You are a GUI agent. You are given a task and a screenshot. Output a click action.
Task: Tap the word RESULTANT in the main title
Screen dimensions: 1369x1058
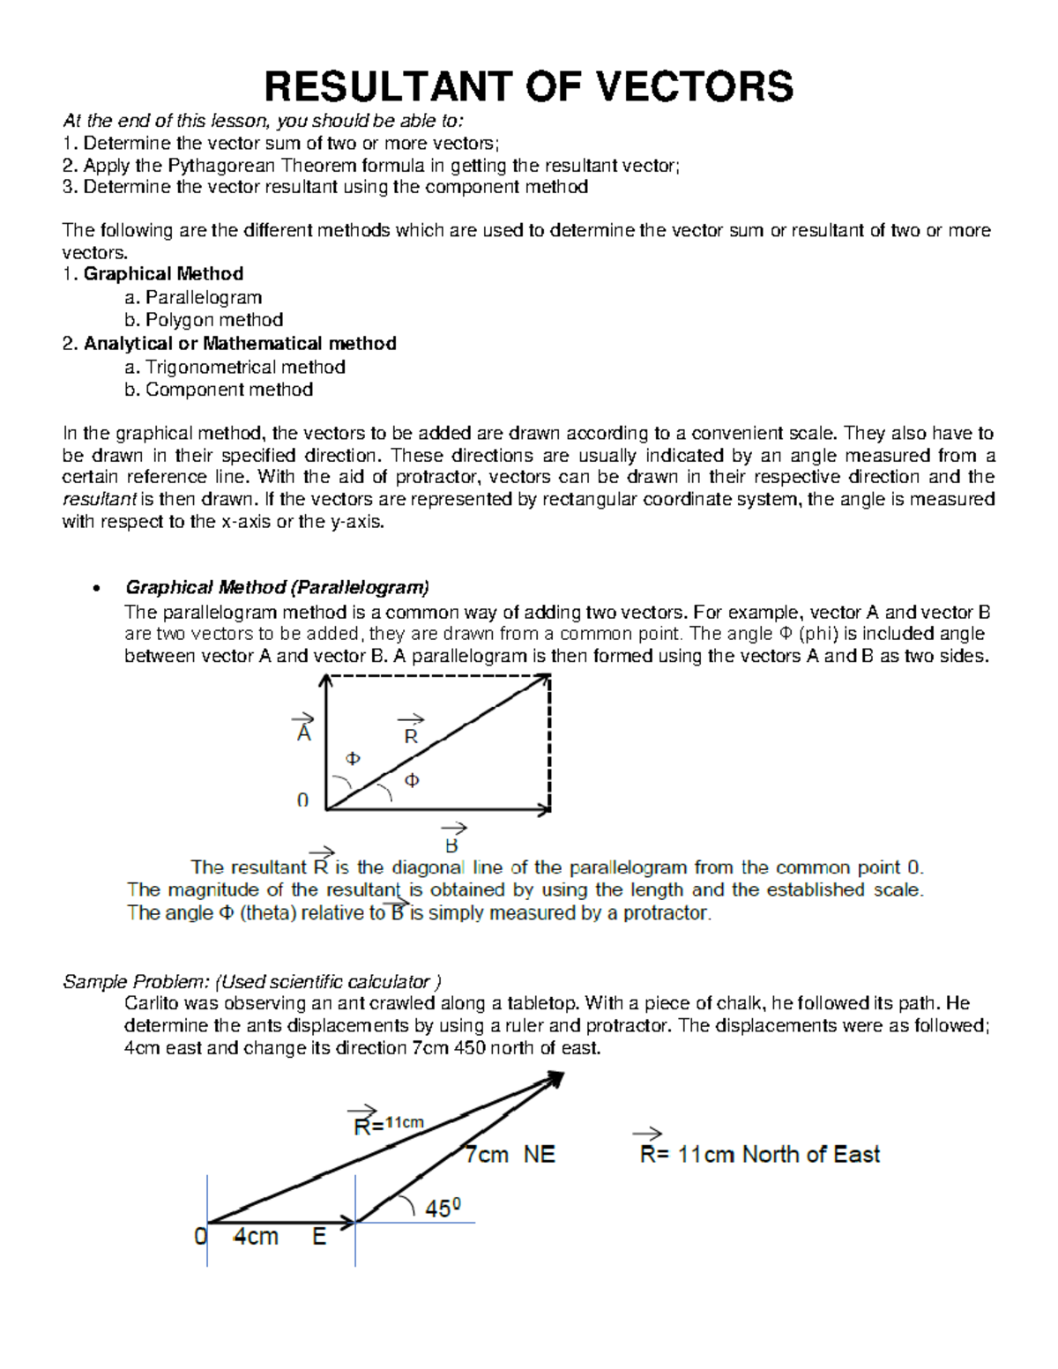point(387,86)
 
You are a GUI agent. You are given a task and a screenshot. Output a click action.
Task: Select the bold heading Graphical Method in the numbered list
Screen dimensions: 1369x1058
point(163,274)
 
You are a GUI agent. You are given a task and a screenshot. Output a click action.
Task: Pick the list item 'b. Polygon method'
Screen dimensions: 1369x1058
point(204,320)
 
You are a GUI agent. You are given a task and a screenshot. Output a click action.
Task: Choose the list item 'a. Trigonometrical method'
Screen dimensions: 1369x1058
point(235,367)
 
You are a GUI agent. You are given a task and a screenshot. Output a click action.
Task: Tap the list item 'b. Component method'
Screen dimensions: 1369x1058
point(219,390)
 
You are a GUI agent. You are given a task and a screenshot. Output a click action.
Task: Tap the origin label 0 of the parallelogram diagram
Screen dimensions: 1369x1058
point(302,800)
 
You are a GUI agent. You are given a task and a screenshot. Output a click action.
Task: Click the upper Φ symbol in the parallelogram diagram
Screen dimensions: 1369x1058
point(353,758)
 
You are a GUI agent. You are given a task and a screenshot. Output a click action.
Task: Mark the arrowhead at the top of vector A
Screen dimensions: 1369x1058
point(327,680)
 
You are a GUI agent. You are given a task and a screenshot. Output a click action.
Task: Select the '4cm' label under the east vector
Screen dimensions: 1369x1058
point(256,1237)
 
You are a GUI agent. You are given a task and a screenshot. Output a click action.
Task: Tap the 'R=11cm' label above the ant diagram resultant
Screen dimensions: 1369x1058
point(388,1123)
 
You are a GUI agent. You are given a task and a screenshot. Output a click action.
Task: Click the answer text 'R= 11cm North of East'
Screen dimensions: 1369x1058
point(759,1153)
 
